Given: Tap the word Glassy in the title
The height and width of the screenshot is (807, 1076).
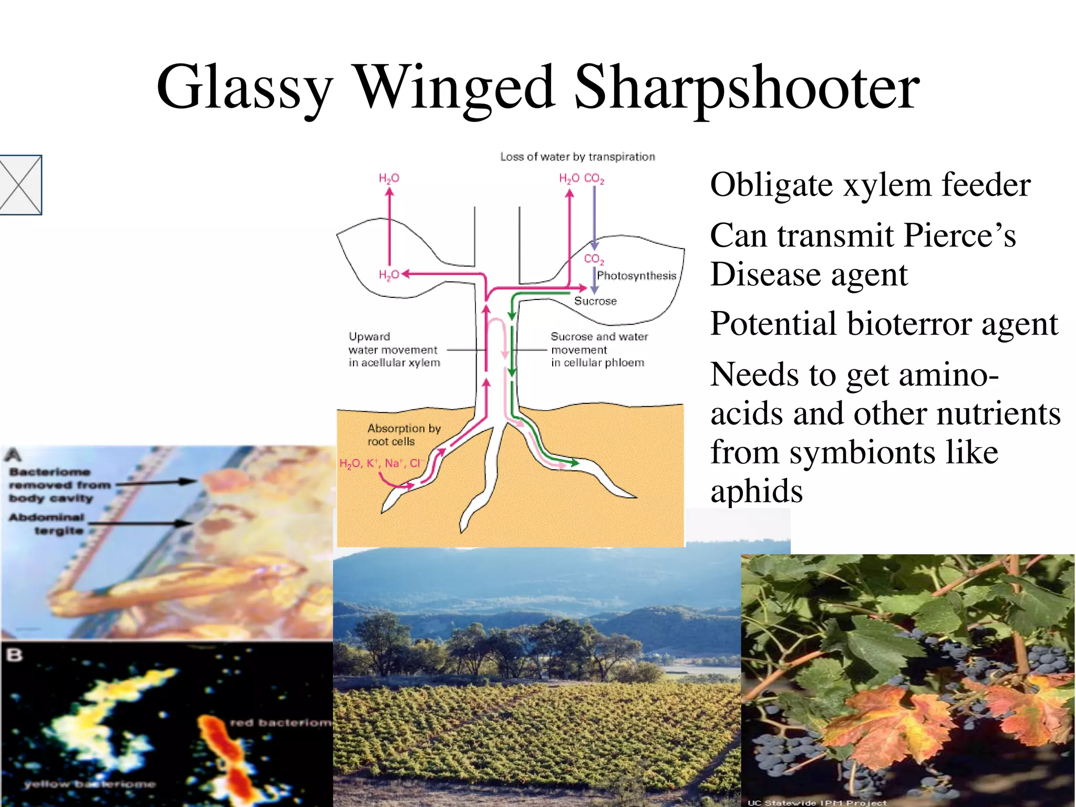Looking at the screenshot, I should [244, 88].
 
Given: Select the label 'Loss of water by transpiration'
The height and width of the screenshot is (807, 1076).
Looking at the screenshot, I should [577, 157].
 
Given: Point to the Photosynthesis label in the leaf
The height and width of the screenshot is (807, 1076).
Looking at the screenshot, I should [636, 276].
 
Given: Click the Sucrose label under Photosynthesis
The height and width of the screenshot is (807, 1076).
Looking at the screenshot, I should [595, 301].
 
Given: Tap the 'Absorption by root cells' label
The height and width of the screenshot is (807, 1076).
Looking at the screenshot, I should [403, 434].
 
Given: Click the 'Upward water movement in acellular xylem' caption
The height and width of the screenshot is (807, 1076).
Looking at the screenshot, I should [394, 349].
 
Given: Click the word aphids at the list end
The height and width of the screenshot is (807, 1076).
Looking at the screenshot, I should [757, 491].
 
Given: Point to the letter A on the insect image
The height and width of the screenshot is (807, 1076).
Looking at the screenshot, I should [14, 455].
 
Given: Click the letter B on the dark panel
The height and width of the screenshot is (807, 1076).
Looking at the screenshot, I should [15, 655].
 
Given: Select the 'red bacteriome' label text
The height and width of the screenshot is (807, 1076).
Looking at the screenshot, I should [281, 723].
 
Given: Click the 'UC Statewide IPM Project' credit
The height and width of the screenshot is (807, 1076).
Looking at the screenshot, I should [816, 802].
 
